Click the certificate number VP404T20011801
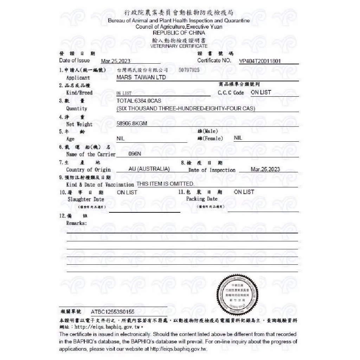click(260, 61)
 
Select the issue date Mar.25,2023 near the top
click(115, 61)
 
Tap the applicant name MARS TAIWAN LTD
click(141, 77)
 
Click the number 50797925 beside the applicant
click(189, 70)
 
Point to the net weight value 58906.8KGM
click(131, 124)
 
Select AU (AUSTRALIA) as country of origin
click(149, 169)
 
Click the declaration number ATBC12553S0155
click(112, 311)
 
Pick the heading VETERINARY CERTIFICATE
click(179, 46)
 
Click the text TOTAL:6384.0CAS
click(139, 101)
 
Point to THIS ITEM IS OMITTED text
click(165, 184)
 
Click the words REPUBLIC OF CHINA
click(179, 33)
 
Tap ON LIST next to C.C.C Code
click(261, 92)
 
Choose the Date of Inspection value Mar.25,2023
click(265, 169)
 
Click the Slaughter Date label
click(86, 199)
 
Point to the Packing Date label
click(202, 199)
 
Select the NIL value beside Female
click(238, 138)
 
